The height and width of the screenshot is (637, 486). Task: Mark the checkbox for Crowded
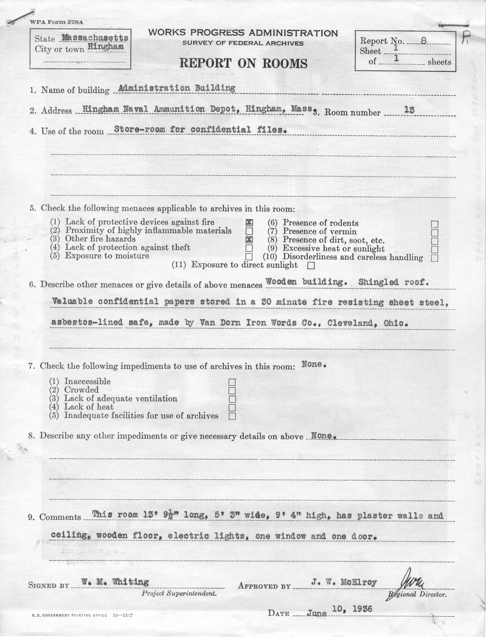[x=232, y=391]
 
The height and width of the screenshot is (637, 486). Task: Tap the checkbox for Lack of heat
[x=232, y=408]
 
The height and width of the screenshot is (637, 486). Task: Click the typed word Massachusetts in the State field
[x=95, y=38]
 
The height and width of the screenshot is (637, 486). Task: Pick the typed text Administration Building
[x=177, y=88]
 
